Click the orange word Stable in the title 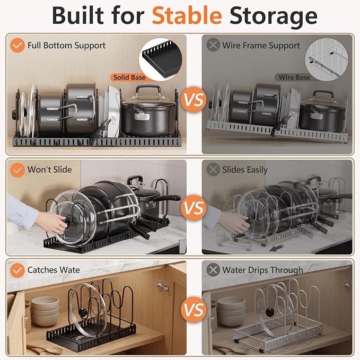point(187,15)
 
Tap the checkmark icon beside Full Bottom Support point(17,45)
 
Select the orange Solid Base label point(129,77)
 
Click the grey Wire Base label point(294,77)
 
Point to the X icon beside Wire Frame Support point(213,45)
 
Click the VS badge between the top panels point(194,100)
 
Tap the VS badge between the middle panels point(194,208)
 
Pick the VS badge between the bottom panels point(194,310)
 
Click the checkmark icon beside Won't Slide point(17,170)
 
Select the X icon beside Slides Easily point(213,170)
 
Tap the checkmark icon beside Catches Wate point(17,270)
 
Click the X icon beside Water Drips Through point(213,270)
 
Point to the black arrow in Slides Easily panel point(276,248)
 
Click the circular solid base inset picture point(160,59)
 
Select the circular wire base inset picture point(326,59)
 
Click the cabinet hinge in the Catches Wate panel point(163,286)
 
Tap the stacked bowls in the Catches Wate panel point(45,311)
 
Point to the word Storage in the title point(274,15)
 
